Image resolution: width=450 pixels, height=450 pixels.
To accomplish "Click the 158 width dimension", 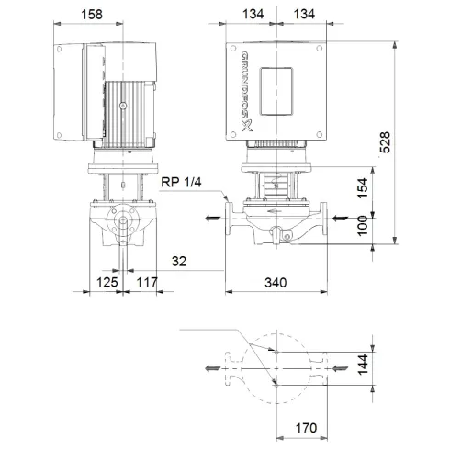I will [116, 15].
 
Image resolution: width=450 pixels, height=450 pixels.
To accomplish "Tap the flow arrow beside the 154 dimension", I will [341, 218].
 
